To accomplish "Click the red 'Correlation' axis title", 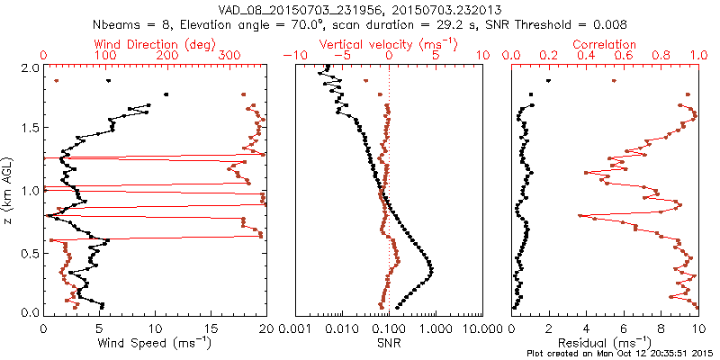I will pyautogui.click(x=605, y=43).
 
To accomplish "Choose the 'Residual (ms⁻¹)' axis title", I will pyautogui.click(x=605, y=343).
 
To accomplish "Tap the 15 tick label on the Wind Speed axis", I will pyautogui.click(x=210, y=328).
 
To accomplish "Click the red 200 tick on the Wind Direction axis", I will pyautogui.click(x=166, y=56).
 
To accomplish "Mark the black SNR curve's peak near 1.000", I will pyautogui.click(x=431, y=268).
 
